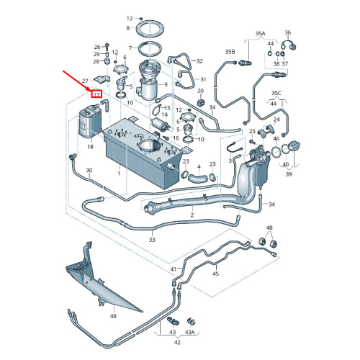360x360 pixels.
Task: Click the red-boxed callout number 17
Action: (96, 94)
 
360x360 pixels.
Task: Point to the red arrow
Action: (78, 81)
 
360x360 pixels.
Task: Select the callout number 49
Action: (113, 316)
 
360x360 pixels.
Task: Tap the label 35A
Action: (261, 33)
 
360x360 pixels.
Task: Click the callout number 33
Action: (152, 239)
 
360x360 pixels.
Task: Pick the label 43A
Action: (189, 332)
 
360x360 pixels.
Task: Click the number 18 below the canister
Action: (90, 146)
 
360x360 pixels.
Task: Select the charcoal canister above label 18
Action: (90, 120)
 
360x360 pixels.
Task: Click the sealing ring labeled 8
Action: (149, 30)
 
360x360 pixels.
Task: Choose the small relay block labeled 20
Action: (201, 102)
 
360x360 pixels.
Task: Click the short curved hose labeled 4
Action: (197, 179)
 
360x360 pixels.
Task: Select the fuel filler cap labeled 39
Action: (294, 147)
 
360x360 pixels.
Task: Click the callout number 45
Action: (216, 274)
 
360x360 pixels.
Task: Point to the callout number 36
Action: (288, 32)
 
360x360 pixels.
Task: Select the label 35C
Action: (276, 93)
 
